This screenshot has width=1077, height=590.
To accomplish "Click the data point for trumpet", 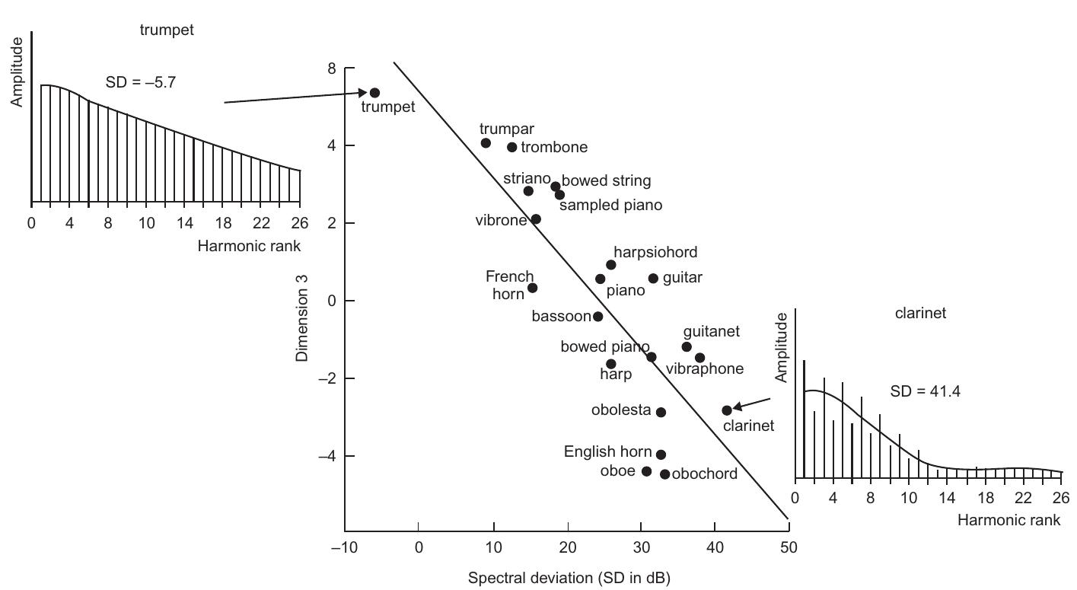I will coord(374,93).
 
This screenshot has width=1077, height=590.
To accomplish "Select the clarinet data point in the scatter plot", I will coord(727,410).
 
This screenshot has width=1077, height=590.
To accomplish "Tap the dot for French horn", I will coord(532,288).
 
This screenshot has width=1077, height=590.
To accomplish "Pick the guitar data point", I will coord(653,279).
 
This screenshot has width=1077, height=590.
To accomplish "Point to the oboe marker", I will coord(647,471).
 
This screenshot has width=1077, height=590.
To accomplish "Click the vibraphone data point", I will coord(699,358).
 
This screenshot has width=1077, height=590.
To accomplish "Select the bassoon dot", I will coord(597,316).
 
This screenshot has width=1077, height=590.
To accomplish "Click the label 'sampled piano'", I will coord(610,206).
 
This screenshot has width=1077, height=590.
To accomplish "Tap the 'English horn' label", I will coord(607,452).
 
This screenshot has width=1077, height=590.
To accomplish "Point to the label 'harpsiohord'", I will coord(655,252).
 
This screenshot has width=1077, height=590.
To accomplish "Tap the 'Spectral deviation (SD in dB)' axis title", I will coord(569,579).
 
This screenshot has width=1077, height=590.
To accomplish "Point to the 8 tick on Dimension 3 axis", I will coord(332,69).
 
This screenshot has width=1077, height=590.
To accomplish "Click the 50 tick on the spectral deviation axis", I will coord(789,547).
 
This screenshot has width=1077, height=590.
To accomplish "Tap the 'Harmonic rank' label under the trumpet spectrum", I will coord(249,246).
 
